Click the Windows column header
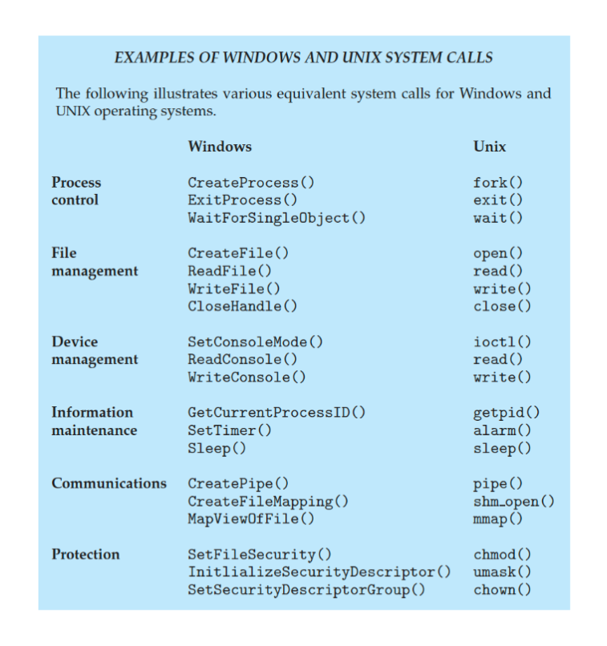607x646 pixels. pyautogui.click(x=219, y=147)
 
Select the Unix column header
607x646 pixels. pyautogui.click(x=489, y=147)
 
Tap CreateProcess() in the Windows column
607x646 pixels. pyautogui.click(x=251, y=183)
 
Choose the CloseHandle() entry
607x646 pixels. pyautogui.click(x=242, y=306)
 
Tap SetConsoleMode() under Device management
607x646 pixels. pyautogui.click(x=255, y=342)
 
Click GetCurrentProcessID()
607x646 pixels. pyautogui.click(x=277, y=413)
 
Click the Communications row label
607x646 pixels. pyautogui.click(x=109, y=483)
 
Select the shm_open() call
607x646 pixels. pyautogui.click(x=514, y=502)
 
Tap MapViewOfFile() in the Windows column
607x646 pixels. pyautogui.click(x=251, y=519)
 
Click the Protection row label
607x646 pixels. pyautogui.click(x=86, y=555)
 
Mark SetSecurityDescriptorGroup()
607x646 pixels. pyautogui.click(x=306, y=590)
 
